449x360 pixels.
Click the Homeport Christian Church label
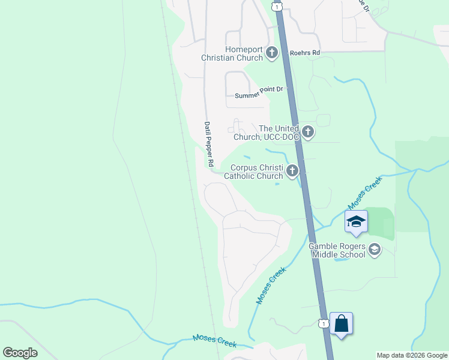coord(244,53)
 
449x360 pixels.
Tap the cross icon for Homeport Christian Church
coord(272,53)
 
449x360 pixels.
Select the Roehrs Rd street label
coord(305,53)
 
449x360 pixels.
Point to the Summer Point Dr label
coord(258,92)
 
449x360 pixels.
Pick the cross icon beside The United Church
coord(308,132)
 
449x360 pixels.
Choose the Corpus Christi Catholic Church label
coord(253,172)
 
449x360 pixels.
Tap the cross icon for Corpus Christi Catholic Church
coord(292,172)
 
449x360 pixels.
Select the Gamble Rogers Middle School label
coord(337,250)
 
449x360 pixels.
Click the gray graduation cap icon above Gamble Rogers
coord(375,248)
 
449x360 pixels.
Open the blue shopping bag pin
coord(341,324)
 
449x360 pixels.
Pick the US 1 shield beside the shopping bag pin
coord(324,323)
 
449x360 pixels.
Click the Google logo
coord(20,352)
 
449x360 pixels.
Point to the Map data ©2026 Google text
coord(412,355)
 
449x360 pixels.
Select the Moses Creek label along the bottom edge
coord(214,341)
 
